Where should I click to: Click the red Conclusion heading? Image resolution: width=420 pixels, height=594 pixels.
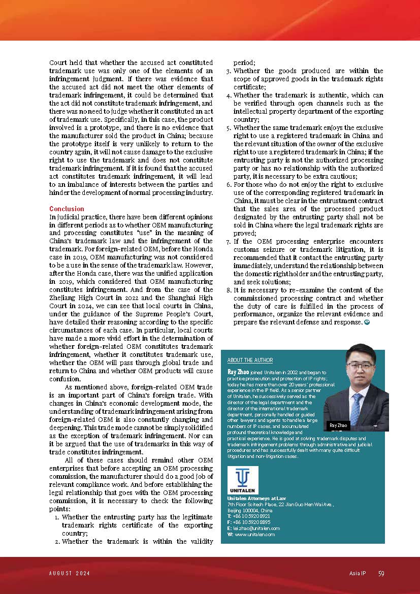pyautogui.click(x=67, y=209)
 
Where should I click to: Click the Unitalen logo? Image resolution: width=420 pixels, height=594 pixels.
pyautogui.click(x=243, y=480)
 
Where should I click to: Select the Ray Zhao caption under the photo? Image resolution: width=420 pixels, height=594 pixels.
pyautogui.click(x=339, y=425)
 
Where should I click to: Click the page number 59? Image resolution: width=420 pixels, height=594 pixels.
pyautogui.click(x=381, y=574)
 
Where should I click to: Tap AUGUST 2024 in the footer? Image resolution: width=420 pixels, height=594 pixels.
pyautogui.click(x=70, y=574)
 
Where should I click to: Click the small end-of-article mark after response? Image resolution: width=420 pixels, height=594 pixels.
pyautogui.click(x=367, y=322)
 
